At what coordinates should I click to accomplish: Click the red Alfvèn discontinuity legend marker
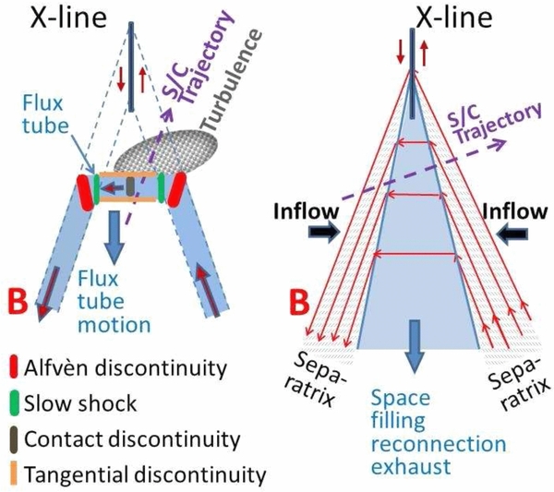[x=14, y=367]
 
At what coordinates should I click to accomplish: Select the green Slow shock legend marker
[x=14, y=402]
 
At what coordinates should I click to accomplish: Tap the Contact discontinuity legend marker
[x=14, y=439]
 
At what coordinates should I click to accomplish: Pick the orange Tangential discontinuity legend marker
[x=14, y=474]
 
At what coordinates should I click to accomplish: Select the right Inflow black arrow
[x=512, y=234]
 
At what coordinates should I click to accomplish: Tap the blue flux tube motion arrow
[x=114, y=237]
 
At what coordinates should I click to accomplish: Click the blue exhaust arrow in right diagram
[x=415, y=346]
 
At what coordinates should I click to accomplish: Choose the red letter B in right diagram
[x=299, y=301]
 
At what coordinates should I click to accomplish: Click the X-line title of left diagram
[x=68, y=18]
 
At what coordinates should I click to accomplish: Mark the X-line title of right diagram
[x=454, y=18]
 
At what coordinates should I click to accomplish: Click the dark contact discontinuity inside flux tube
[x=130, y=186]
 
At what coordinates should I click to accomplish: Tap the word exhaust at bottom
[x=411, y=466]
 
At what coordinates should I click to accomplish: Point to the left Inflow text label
[x=307, y=211]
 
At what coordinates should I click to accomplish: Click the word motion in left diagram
[x=114, y=325]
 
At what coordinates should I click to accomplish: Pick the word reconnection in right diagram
[x=439, y=444]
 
